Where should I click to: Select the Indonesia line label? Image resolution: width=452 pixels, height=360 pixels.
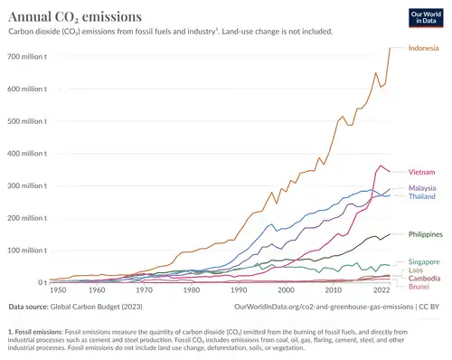424,48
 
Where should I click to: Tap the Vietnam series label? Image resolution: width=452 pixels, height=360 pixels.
422,172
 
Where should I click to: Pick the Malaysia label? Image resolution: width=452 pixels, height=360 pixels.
423,187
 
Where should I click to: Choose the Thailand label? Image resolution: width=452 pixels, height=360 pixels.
423,196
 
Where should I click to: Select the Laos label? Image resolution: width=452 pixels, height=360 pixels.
417,270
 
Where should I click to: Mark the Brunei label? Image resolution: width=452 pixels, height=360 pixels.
419,287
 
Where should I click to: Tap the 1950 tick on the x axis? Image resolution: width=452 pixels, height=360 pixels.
59,290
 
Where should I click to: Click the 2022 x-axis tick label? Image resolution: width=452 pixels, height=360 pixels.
382,290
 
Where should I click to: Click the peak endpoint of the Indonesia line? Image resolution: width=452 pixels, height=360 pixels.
390,48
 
